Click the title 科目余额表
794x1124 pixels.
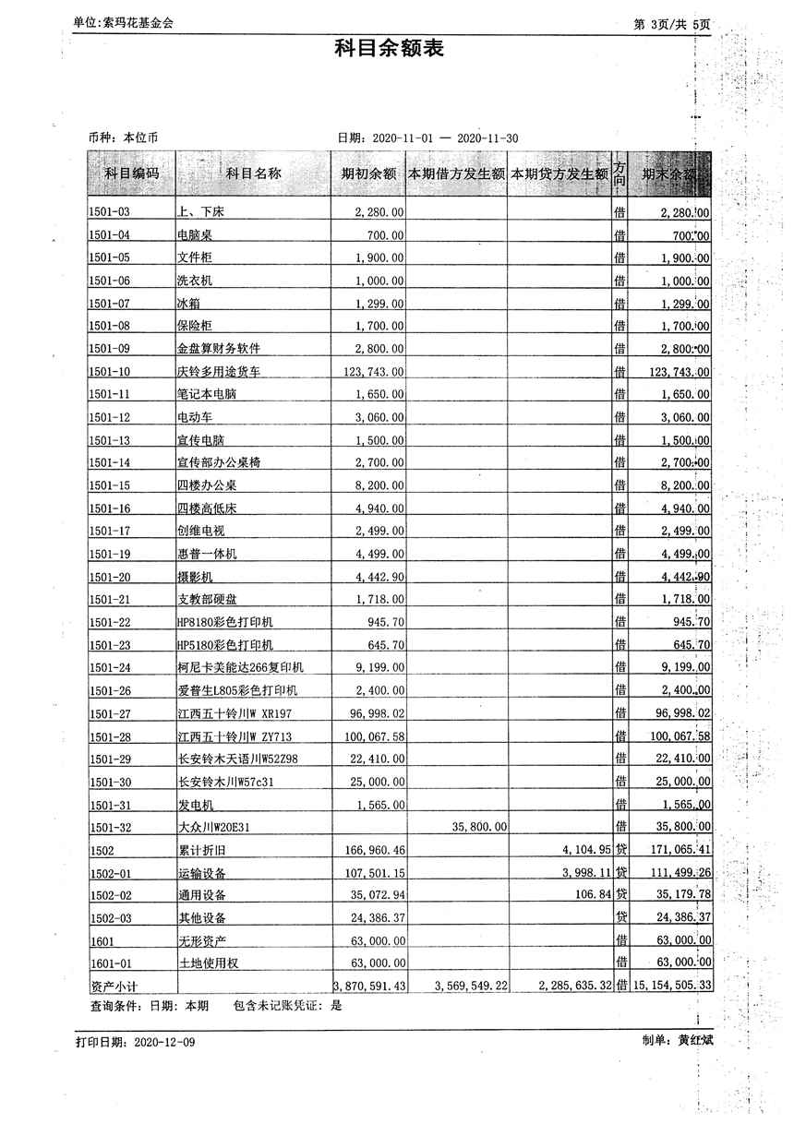[x=389, y=49]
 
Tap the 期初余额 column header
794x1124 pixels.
[x=368, y=173]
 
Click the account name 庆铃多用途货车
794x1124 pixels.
[x=219, y=372]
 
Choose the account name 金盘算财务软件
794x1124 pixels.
[x=219, y=349]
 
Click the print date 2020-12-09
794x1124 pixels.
[x=164, y=1042]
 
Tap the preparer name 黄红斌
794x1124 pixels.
[x=696, y=1041]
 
